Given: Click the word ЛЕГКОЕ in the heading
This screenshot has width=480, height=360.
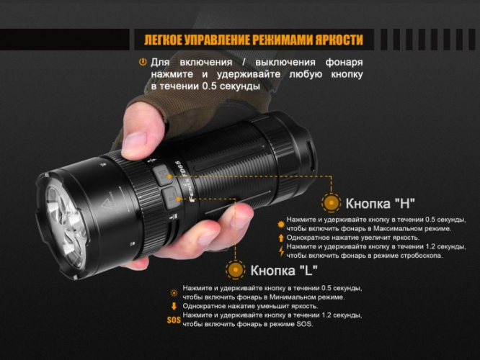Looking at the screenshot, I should pos(166,40).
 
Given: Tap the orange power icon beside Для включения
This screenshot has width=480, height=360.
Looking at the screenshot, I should pos(142,63).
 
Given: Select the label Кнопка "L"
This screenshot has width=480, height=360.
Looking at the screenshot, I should pos(285,271).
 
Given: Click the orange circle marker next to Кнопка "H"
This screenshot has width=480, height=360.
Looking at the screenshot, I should pos(332,202).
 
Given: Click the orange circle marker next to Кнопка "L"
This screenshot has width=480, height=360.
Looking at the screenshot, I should pos(235,271).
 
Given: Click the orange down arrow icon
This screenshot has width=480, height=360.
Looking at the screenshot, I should pos(174,305).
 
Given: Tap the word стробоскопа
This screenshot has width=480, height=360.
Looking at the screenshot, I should pos(415,255).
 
